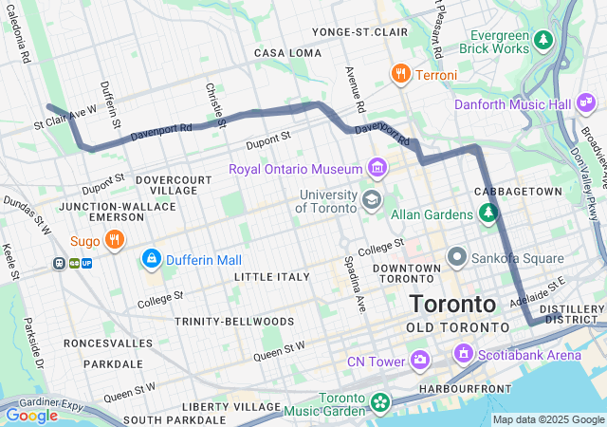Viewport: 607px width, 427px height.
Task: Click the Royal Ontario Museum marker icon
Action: pos(377,169)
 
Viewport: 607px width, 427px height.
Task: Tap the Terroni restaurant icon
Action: pos(401,74)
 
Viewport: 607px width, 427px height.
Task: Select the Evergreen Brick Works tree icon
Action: pos(543,40)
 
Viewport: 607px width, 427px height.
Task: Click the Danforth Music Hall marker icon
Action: pos(587,102)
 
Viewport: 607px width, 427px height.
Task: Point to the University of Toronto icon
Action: pos(372,200)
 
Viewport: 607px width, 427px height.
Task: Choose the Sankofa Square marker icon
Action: pos(456,256)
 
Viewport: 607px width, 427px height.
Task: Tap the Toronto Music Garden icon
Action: pos(380,403)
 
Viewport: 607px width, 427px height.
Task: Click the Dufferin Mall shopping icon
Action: pos(151,259)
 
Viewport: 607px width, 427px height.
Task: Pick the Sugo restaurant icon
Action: pos(113,240)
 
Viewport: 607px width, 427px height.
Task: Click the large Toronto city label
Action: pos(452,305)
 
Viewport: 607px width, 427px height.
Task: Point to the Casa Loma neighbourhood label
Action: pos(288,53)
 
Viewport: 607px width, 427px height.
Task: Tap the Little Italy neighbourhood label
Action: pos(272,277)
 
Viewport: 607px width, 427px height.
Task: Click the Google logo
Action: pos(31,415)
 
